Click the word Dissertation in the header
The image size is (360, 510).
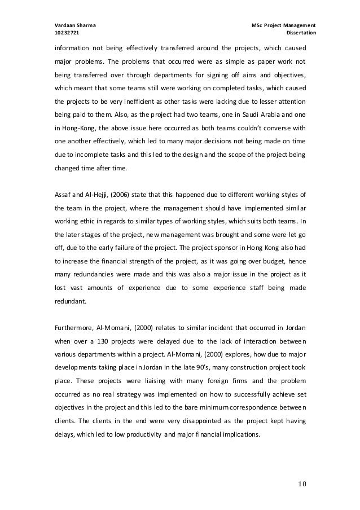pyautogui.click(x=302, y=34)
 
